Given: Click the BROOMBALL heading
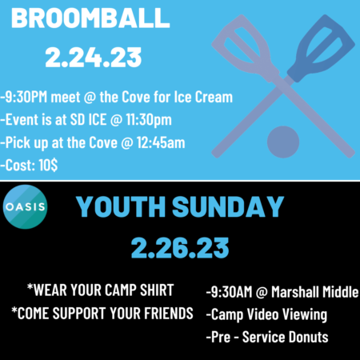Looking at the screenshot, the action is point(90,18).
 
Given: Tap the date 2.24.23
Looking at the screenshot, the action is point(94,58).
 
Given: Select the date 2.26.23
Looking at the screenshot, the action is point(180,248).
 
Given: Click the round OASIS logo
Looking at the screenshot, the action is point(25,206).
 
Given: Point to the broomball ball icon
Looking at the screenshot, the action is point(283,142).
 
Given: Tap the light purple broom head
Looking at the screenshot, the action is point(245,46).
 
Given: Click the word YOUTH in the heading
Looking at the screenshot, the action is point(121,206).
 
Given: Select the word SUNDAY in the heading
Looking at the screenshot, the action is point(228,206).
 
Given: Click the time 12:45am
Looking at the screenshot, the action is point(161,142).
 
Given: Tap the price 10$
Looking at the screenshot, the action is point(48,165).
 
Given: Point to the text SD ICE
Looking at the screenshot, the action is point(88,119).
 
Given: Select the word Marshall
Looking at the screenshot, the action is point(291,291).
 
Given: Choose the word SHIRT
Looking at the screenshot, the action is point(157,290).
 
